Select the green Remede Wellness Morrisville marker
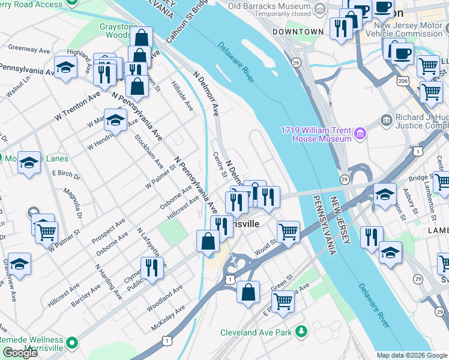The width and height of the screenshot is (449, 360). click(x=72, y=344)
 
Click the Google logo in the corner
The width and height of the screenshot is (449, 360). click(x=20, y=353)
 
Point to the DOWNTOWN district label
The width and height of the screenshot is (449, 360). click(x=298, y=31)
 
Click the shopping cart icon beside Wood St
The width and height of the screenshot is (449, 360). click(x=289, y=231)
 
